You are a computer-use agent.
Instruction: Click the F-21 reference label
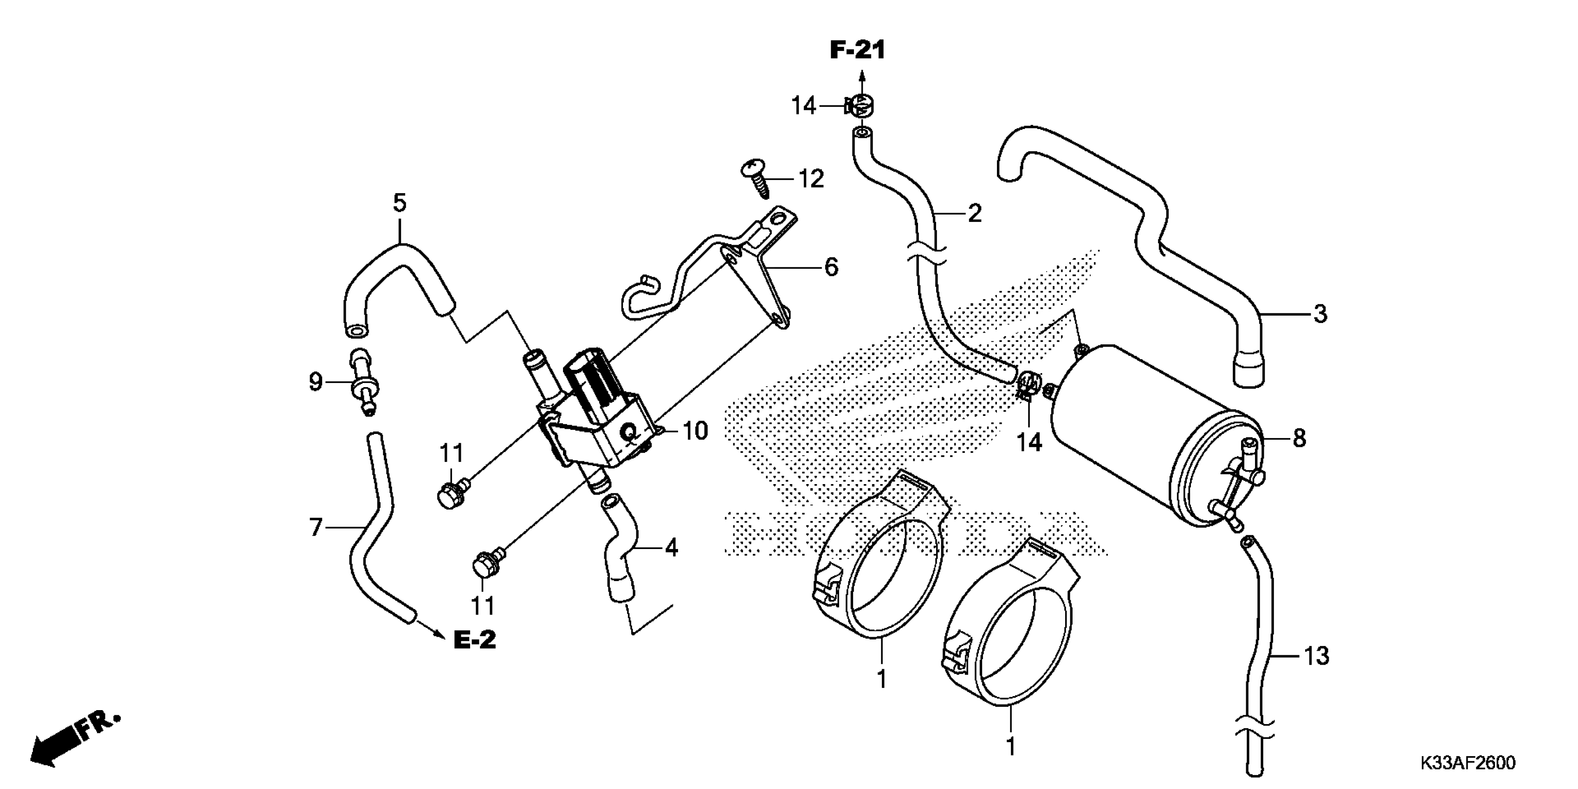pyautogui.click(x=858, y=50)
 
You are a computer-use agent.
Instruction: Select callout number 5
pyautogui.click(x=400, y=202)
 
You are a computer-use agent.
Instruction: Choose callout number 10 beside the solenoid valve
pyautogui.click(x=695, y=431)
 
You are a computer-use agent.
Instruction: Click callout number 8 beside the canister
pyautogui.click(x=1299, y=438)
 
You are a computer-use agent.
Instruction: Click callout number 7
pyautogui.click(x=316, y=527)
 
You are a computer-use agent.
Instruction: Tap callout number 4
pyautogui.click(x=672, y=547)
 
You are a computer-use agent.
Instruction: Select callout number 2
pyautogui.click(x=974, y=213)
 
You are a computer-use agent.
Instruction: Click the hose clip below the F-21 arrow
pyautogui.click(x=860, y=106)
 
